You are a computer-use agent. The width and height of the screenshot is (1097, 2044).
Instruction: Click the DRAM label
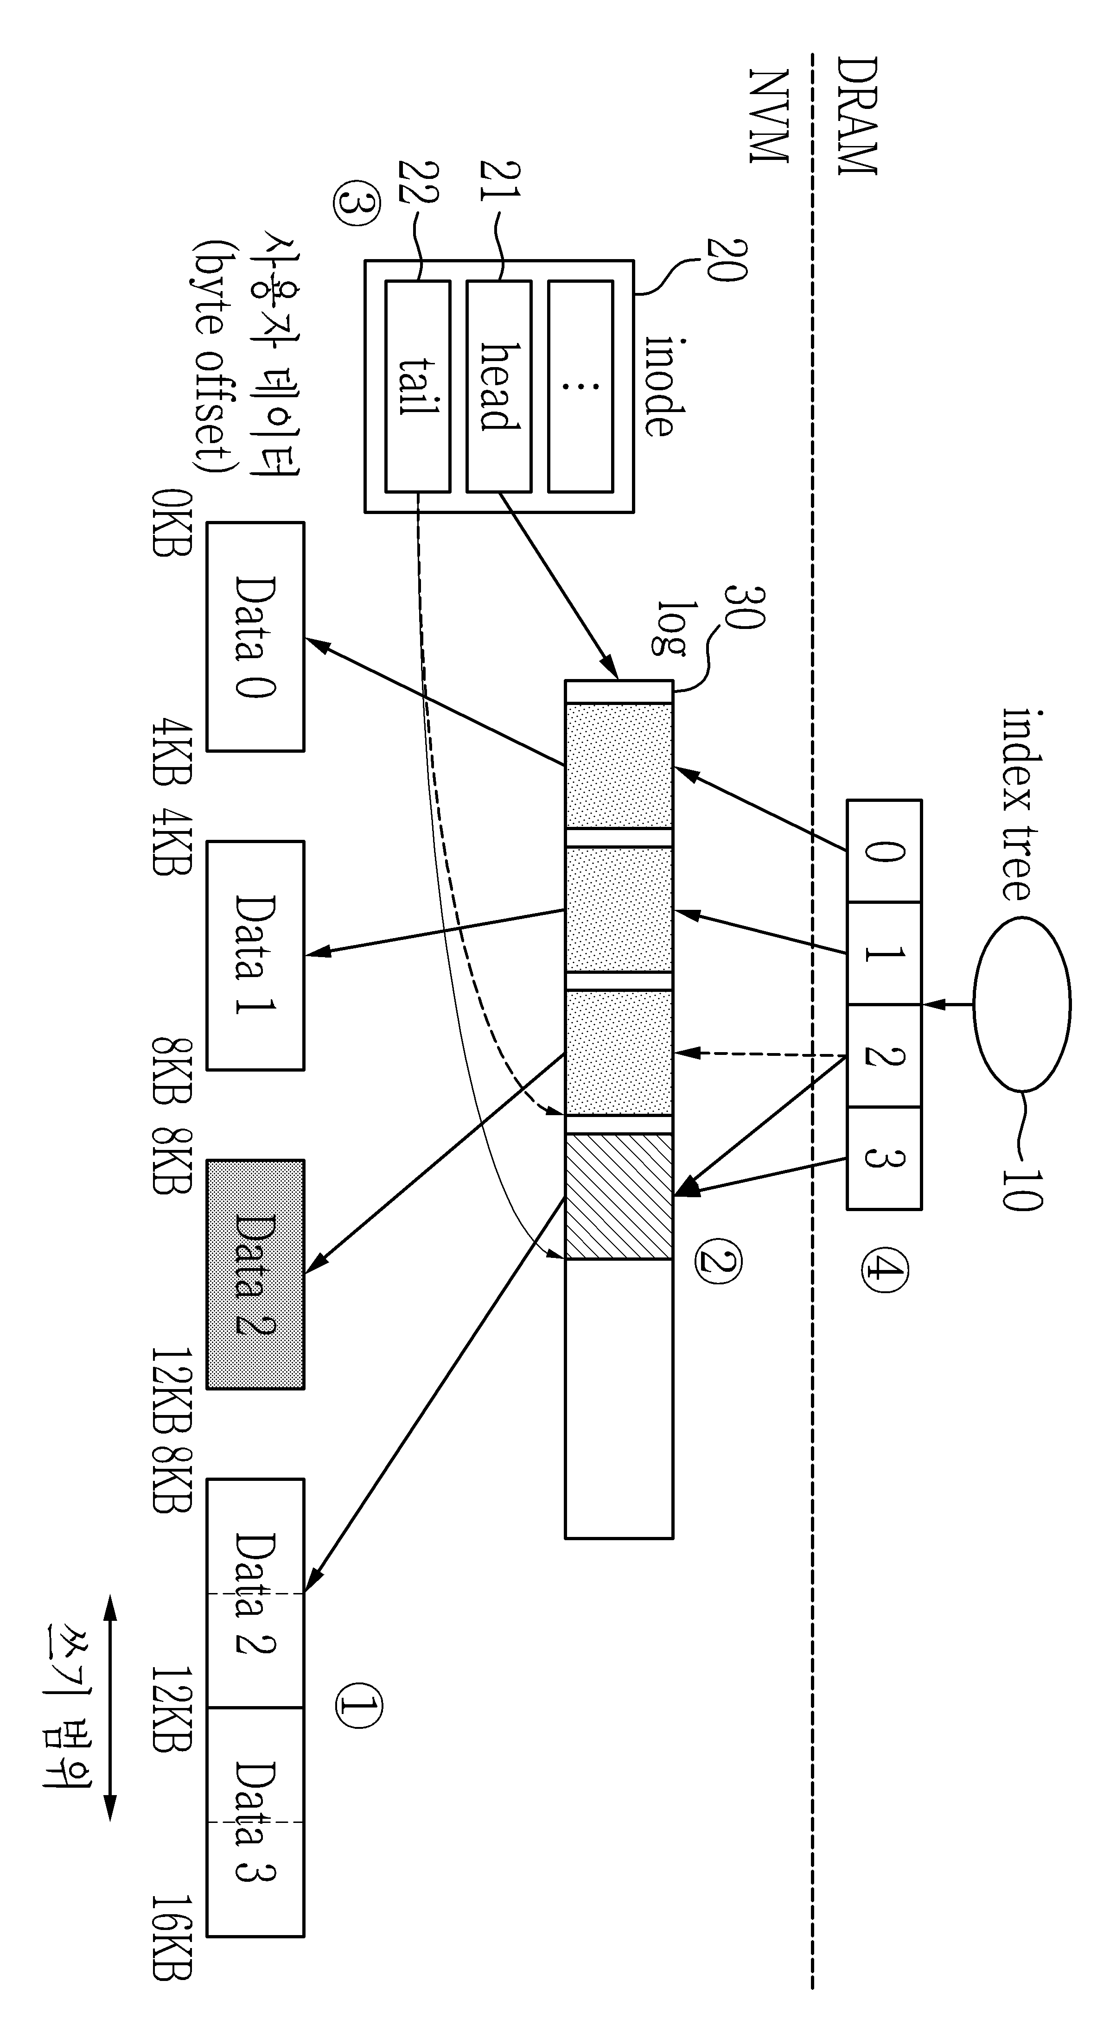coord(857,116)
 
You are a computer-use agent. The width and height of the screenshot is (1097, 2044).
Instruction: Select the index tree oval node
coord(1021,1004)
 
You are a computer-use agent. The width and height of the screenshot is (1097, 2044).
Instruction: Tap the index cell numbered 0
coord(883,851)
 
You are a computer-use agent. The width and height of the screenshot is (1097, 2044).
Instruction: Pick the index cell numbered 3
coord(883,1158)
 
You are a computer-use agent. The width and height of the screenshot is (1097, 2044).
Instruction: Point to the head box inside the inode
coord(498,387)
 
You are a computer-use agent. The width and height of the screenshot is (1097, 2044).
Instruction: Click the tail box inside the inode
coord(418,387)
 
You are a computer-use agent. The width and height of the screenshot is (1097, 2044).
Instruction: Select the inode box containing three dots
coord(580,387)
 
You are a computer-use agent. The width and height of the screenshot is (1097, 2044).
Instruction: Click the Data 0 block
coord(255,636)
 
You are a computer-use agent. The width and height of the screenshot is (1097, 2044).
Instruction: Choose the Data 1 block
coord(255,955)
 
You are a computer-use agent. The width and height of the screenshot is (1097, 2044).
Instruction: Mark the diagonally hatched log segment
coord(619,1197)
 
